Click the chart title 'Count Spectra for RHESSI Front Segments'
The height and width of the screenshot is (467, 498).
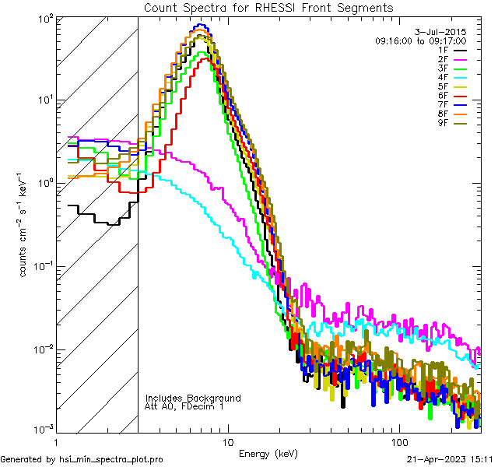tap(268, 7)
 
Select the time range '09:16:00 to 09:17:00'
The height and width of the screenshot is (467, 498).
tap(420, 40)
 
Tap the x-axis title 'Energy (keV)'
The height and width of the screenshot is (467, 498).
tap(268, 452)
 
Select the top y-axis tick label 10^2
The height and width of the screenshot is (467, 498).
tap(44, 17)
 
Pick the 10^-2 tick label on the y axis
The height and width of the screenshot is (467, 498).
tap(41, 349)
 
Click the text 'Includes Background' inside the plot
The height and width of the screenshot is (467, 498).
tap(193, 398)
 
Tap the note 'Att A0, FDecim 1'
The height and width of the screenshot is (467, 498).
tap(184, 406)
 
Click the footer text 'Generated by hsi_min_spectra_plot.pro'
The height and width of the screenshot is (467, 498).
tap(82, 459)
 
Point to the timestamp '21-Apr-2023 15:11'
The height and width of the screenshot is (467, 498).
tap(447, 459)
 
